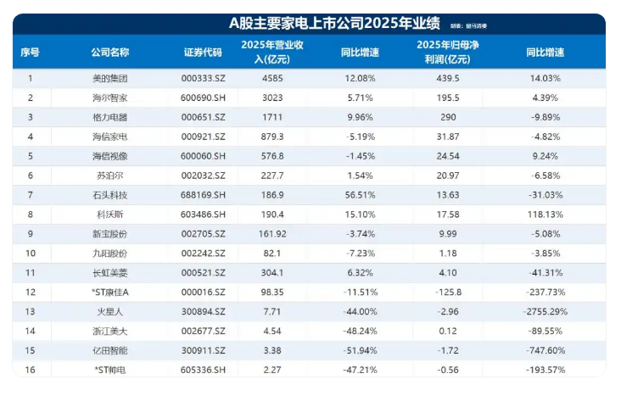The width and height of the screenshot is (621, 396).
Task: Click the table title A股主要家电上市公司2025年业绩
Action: pos(334,24)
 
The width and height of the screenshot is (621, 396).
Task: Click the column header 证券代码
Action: pos(203,53)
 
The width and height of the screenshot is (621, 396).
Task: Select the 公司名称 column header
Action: pos(110,53)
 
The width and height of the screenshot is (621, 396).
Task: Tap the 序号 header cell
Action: pos(30,53)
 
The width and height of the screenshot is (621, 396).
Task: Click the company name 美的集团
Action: pos(110,78)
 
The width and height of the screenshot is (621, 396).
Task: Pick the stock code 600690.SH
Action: pos(203,98)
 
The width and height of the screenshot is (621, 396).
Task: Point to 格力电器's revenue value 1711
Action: pos(272,117)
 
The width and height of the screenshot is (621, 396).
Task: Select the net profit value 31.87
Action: pos(448,137)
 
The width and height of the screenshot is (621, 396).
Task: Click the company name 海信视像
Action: pos(110,156)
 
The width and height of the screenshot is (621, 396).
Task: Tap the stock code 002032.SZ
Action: pos(203,176)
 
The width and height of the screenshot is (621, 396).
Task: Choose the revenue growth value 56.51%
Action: pos(360,195)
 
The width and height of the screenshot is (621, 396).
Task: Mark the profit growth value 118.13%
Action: pos(545,215)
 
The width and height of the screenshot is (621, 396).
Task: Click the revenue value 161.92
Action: pos(272,234)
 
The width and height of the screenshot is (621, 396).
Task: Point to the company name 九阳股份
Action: pos(110,253)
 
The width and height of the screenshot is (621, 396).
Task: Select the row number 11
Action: pos(30,272)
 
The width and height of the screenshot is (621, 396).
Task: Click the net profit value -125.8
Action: pos(448,292)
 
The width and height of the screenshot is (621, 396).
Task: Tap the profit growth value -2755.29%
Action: pos(545,311)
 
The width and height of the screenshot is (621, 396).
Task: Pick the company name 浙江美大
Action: pos(110,331)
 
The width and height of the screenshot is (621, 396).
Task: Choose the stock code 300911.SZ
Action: pos(203,350)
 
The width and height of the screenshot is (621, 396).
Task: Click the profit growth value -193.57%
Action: pos(545,370)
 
